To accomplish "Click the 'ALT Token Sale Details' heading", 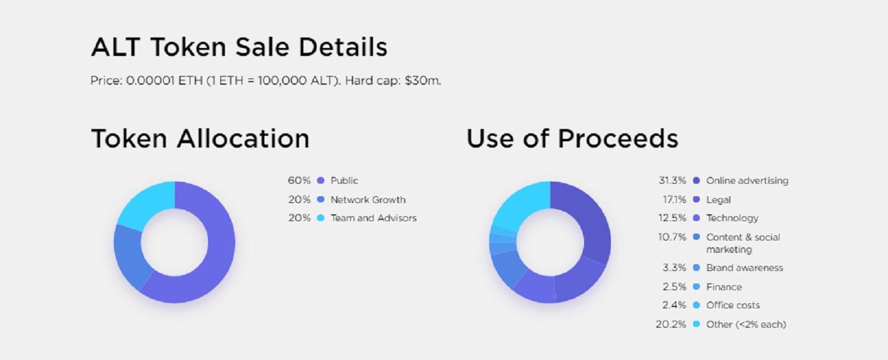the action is (x=239, y=47).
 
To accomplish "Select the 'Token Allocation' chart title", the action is (x=200, y=138).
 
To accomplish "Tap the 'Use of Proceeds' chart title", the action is (x=572, y=138).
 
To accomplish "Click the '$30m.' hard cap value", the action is (x=423, y=80).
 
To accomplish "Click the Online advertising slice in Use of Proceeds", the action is (x=592, y=222).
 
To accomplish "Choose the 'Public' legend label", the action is (x=344, y=181).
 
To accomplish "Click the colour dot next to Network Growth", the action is (x=321, y=199).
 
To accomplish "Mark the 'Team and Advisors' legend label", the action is (x=374, y=218).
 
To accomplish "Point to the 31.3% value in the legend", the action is (x=672, y=181).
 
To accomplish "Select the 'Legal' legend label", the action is (x=719, y=200).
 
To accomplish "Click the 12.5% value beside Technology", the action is (x=672, y=218).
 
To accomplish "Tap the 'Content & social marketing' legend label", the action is (x=743, y=243).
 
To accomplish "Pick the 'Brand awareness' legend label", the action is (x=745, y=268).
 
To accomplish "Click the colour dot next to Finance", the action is (x=696, y=287).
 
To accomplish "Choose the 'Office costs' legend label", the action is (x=733, y=305).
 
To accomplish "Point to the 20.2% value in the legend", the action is (x=671, y=324).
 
